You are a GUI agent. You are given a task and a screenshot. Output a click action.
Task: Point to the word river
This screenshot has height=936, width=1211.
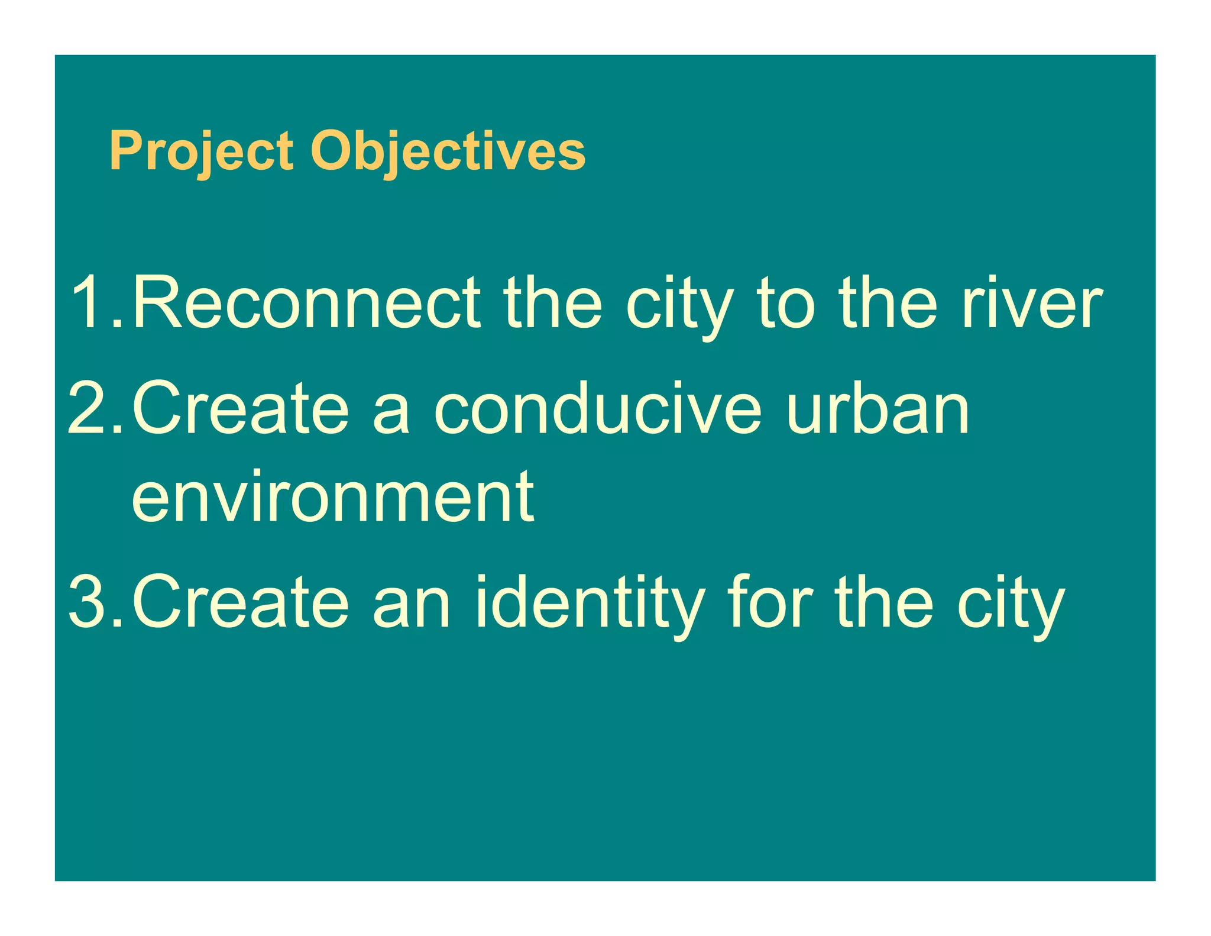click(1032, 302)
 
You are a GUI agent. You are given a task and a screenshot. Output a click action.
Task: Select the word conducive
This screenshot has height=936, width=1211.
click(598, 408)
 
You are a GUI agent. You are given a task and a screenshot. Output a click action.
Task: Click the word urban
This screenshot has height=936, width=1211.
click(878, 408)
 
